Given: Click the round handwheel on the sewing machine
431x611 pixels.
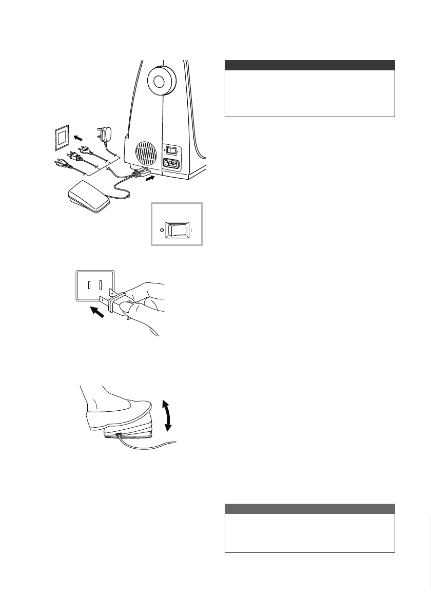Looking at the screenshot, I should [159, 80].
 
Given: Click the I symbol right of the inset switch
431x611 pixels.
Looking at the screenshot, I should [191, 231].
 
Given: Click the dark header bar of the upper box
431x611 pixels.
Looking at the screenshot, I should [310, 65].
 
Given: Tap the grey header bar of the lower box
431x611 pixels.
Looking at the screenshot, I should [310, 508].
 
